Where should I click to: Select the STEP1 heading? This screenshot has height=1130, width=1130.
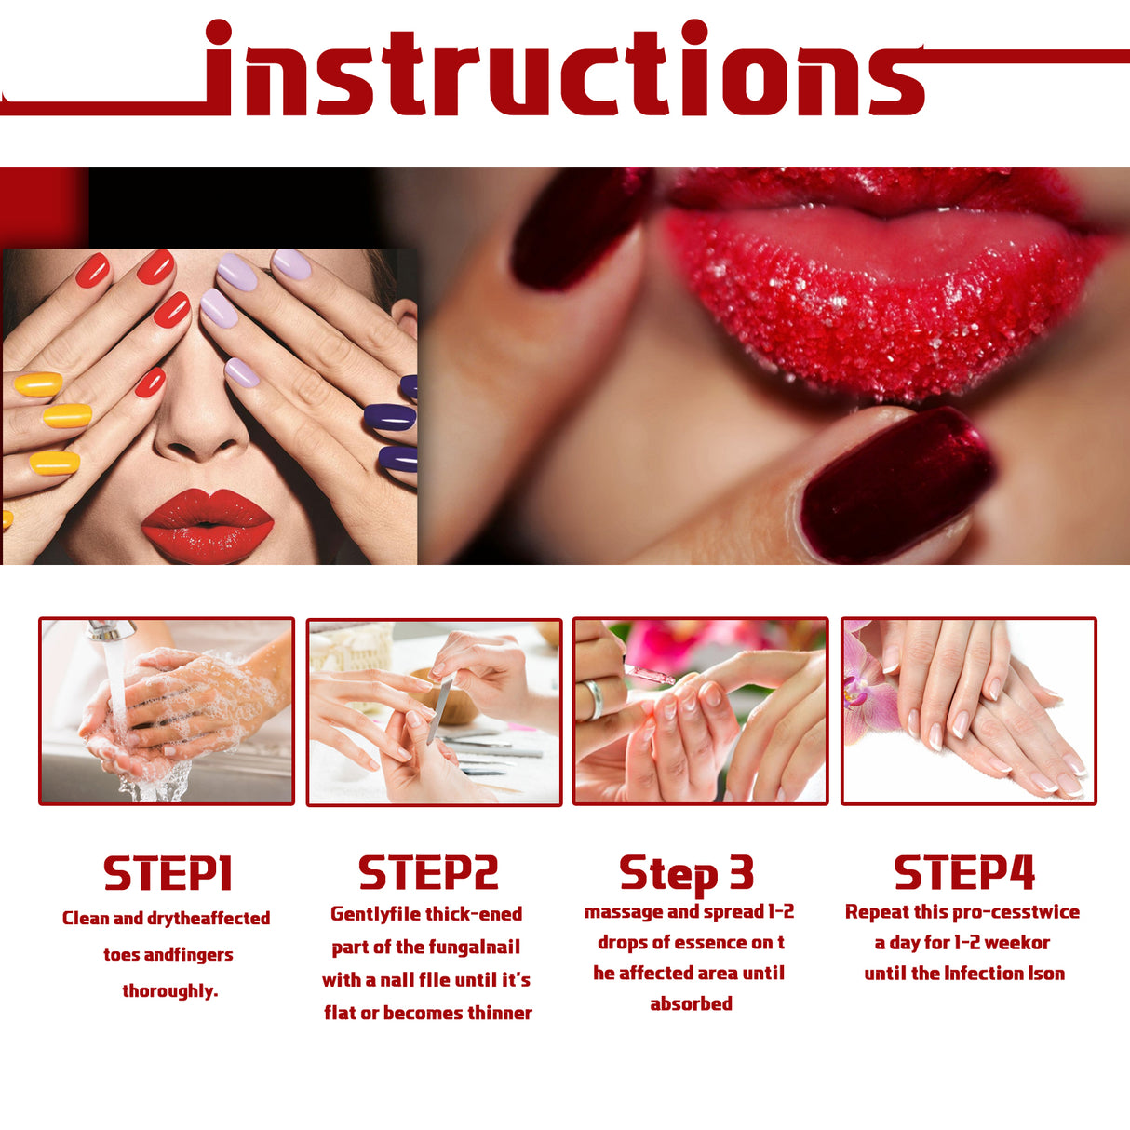pos(168,874)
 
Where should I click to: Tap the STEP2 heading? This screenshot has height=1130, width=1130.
pos(428,873)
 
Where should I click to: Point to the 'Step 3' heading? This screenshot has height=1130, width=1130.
pos(686,873)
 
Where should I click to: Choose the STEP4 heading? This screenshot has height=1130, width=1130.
pos(964,873)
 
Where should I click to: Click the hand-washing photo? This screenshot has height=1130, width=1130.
pos(167,711)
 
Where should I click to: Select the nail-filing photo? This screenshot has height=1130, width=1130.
pos(435,711)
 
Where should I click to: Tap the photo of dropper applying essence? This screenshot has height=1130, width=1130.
pos(700,711)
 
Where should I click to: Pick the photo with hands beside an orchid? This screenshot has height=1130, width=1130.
pos(968,711)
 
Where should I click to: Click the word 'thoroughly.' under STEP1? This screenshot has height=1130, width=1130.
pos(170,990)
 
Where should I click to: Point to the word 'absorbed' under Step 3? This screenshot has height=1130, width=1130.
pos(691,1003)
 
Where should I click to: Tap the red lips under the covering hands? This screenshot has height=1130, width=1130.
pos(207,523)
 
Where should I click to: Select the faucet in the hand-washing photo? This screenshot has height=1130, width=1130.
pos(110,631)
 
